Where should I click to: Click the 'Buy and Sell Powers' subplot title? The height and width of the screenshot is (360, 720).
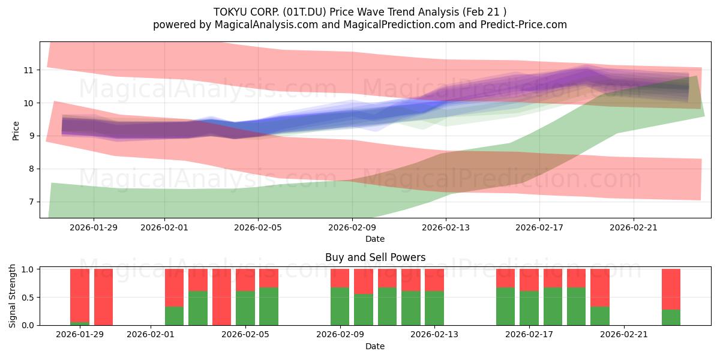coord(375,257)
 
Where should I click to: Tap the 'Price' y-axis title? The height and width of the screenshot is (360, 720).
coord(16,130)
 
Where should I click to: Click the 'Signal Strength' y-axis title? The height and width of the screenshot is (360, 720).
coord(13,296)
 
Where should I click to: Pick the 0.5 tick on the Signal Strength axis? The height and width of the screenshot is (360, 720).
coord(27,298)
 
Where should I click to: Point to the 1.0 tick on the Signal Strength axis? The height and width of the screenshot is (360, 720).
coord(27,269)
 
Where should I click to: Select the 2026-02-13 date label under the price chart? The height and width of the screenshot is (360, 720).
coord(445,227)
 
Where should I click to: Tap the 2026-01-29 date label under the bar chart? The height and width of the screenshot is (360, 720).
coord(80,335)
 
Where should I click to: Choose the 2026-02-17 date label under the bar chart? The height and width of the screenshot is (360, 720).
coord(529,335)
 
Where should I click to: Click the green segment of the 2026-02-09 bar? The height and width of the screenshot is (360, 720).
coord(340,306)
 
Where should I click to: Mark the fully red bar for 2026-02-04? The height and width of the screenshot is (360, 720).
coord(221,297)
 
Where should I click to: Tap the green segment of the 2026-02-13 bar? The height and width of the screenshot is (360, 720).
coord(434,308)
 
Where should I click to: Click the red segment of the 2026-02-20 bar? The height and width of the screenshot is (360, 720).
coord(599,287)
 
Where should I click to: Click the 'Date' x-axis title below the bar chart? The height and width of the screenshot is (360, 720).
coord(375,346)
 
